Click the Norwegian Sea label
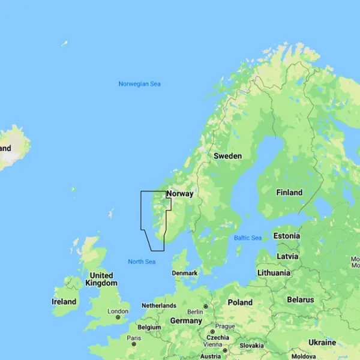point(139,84)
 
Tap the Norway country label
point(181,194)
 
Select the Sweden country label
point(228,156)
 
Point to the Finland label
point(289,193)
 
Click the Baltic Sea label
point(247,238)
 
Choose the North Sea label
point(142,262)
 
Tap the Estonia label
point(287,236)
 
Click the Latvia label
point(287,256)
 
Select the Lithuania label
point(274,272)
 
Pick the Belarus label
point(301,299)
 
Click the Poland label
point(240,302)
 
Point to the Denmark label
point(185,273)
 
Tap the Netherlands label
point(158,305)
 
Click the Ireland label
point(64,301)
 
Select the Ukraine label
point(322,342)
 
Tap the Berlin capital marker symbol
point(205,307)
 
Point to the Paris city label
point(134,338)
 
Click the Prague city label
point(225,326)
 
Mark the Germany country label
point(186,320)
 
